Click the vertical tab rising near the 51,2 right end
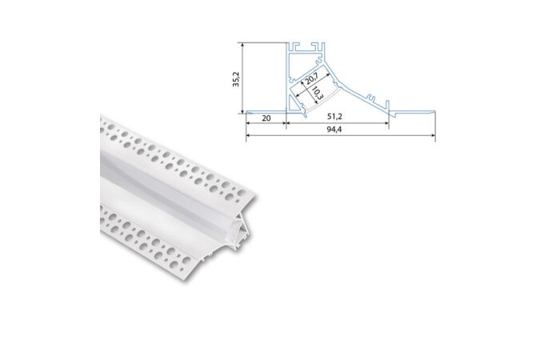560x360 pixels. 388,105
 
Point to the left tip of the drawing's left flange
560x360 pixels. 246,113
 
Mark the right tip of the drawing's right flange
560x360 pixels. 435,113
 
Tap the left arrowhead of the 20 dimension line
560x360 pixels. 249,124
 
